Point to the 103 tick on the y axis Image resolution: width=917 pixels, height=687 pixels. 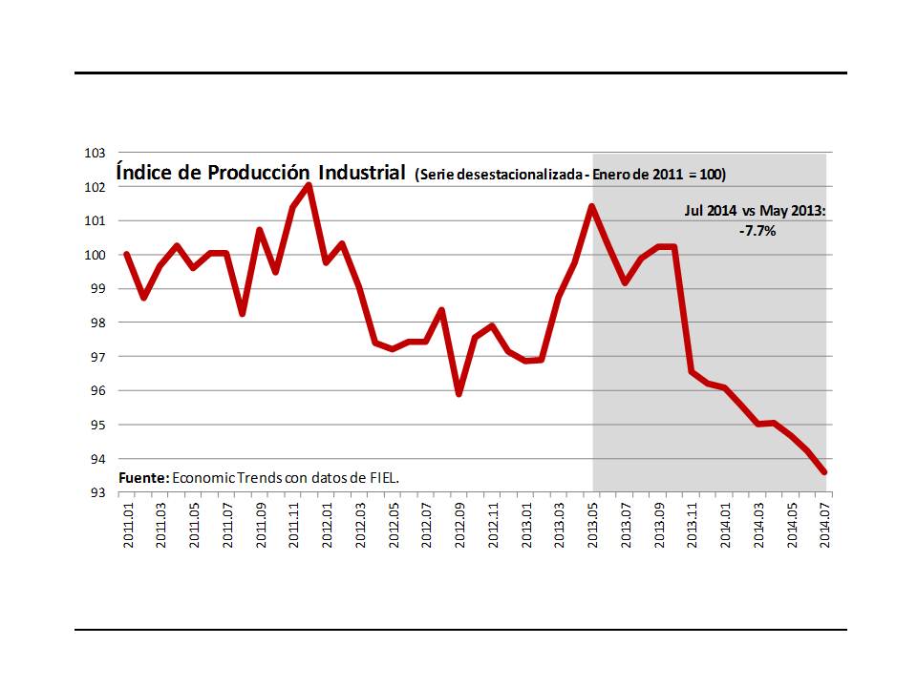coord(95,153)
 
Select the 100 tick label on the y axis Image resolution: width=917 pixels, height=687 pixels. coord(95,255)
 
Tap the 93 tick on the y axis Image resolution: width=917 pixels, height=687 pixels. coord(95,493)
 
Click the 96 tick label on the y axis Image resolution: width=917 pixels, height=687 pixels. coord(95,391)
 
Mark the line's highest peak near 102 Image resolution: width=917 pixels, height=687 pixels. coord(309,185)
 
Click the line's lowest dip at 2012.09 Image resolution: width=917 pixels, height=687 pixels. coord(459,393)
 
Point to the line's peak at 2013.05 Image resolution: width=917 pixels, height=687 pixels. coord(592,206)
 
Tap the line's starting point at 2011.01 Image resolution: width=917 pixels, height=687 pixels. coord(127,254)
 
